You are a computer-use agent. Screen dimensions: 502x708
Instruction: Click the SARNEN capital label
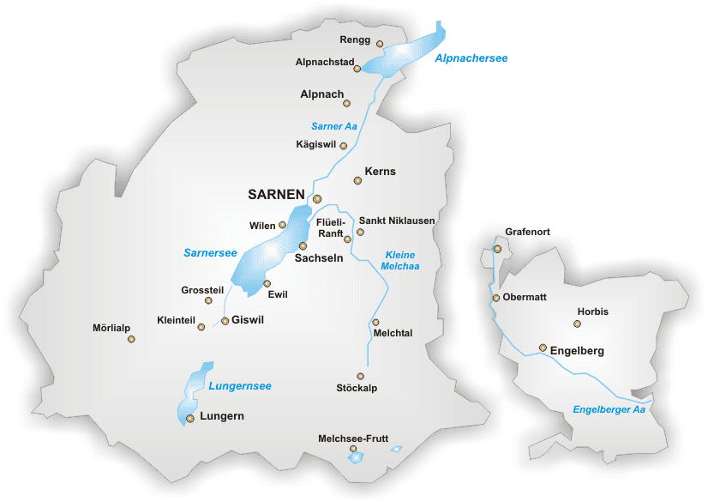tap(276, 195)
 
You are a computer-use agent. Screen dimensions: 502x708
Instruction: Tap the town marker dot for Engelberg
tap(543, 348)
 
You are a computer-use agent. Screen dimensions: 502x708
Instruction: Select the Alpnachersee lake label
tap(471, 58)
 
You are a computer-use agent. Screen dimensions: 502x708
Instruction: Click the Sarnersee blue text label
tap(210, 252)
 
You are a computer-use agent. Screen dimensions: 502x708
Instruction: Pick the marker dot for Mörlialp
tap(131, 339)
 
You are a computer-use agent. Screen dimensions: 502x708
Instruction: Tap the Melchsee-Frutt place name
tap(353, 438)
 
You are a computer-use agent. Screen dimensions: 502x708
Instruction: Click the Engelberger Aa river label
tap(609, 409)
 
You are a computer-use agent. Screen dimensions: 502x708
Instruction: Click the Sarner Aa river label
tap(333, 126)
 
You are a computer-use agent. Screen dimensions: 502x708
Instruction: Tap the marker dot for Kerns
tap(358, 180)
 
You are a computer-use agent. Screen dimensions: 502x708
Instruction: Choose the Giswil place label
tap(248, 320)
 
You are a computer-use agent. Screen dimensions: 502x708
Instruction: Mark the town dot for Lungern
tap(190, 419)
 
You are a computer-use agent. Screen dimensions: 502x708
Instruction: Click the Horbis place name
tap(592, 311)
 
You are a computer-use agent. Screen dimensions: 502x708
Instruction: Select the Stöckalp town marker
tap(361, 376)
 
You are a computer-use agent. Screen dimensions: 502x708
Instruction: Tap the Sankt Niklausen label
tap(397, 221)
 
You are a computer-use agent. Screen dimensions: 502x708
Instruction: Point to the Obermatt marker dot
tap(496, 298)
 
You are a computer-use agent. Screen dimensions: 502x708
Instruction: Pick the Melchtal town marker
tap(375, 323)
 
